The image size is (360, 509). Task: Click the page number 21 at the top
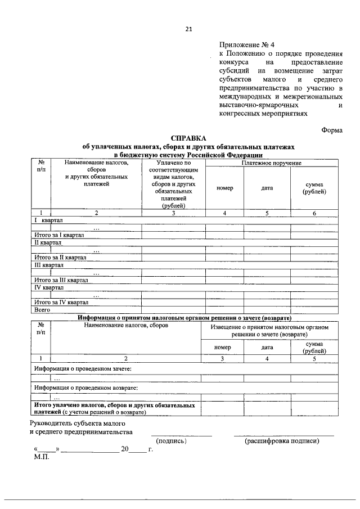coord(188,30)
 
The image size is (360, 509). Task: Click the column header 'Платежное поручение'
coord(272,163)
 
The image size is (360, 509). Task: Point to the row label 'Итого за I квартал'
coord(59,235)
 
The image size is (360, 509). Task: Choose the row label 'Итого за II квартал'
coord(60,257)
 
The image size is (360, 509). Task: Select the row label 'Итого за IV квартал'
coord(61,301)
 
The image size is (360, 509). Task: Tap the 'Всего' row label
coord(43,309)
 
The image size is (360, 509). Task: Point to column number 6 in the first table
coord(314,213)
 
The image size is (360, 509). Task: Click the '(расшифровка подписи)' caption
coord(282,440)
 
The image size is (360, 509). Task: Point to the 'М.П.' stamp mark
coord(42,456)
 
